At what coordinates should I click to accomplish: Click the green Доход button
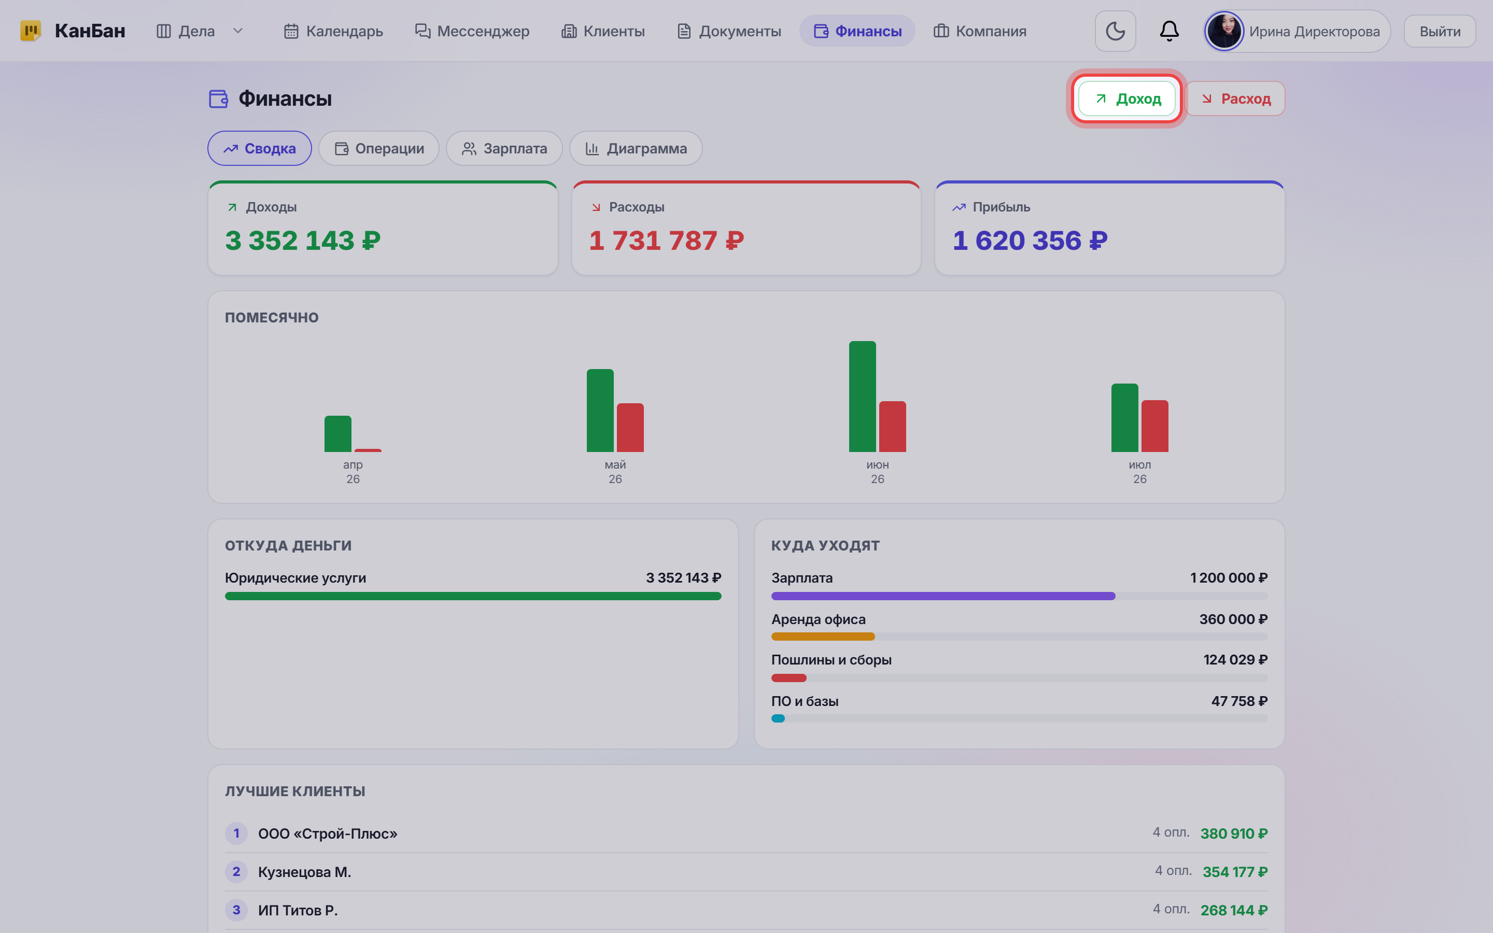[x=1126, y=98]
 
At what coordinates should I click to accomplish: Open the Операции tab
[x=379, y=148]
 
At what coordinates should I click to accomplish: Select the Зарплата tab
[x=504, y=148]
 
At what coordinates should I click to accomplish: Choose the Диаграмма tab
[x=636, y=148]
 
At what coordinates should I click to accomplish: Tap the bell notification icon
[x=1169, y=31]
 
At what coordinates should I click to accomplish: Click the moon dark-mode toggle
[x=1116, y=31]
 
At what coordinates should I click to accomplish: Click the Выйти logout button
[x=1440, y=31]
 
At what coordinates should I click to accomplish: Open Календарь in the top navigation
[x=333, y=31]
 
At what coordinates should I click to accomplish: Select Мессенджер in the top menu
[x=472, y=31]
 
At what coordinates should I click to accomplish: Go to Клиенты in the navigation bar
[x=603, y=31]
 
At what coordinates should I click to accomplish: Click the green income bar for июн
[x=863, y=396]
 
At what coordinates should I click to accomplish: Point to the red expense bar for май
[x=630, y=428]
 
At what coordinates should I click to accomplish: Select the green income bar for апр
[x=338, y=434]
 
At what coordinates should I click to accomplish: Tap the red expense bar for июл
[x=1155, y=426]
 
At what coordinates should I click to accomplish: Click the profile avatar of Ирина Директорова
[x=1224, y=31]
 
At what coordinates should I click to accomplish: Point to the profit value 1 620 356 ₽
[x=1030, y=241]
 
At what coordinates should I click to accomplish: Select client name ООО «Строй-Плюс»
[x=328, y=833]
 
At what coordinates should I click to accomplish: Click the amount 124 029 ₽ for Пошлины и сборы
[x=1235, y=660]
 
